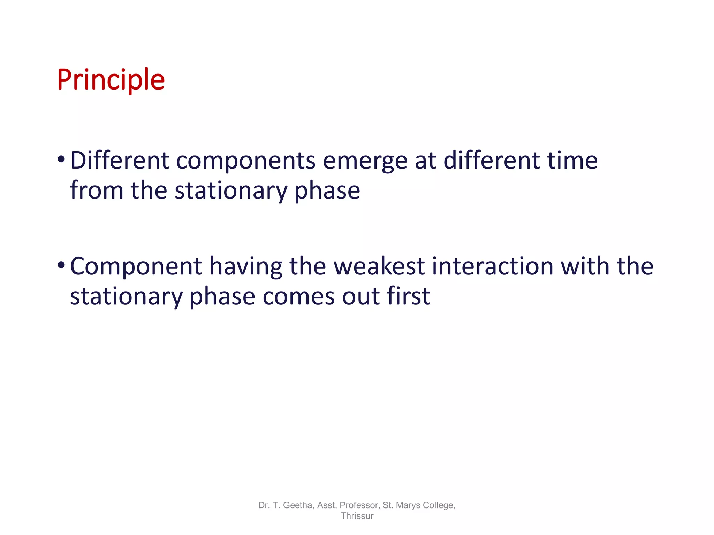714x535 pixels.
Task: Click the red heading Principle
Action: tap(111, 80)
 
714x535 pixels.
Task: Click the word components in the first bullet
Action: tap(246, 161)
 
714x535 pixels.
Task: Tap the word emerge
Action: tap(365, 162)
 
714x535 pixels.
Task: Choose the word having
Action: tap(245, 267)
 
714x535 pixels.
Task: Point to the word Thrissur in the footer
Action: tap(357, 516)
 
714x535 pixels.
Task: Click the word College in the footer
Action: tap(439, 505)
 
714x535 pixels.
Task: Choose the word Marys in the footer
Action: tap(407, 505)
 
